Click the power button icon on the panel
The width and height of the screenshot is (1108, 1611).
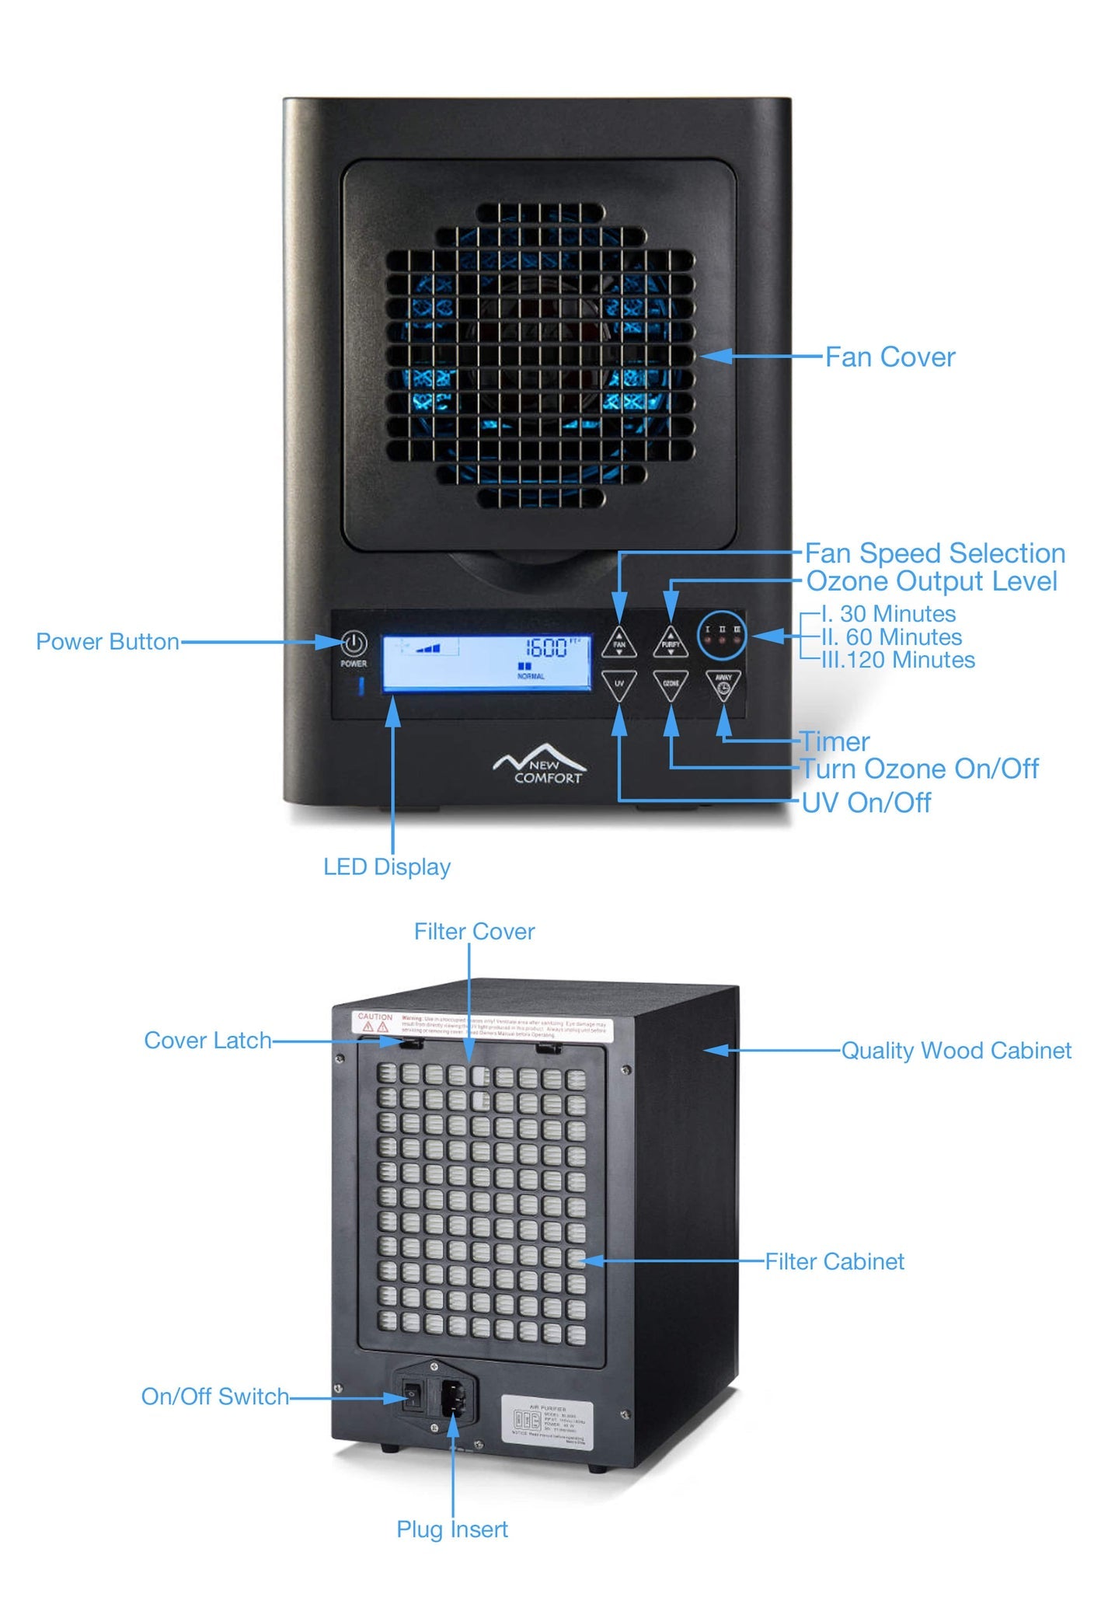(354, 643)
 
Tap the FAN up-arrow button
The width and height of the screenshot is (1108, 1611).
(619, 643)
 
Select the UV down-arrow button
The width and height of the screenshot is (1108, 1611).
(619, 685)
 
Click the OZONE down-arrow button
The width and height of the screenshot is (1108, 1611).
(671, 685)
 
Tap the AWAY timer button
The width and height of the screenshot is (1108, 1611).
(723, 685)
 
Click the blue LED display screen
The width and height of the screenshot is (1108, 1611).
(486, 661)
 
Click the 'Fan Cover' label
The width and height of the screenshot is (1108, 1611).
(890, 357)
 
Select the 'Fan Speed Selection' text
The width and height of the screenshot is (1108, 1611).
(935, 553)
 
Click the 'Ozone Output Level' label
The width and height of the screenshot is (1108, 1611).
(932, 581)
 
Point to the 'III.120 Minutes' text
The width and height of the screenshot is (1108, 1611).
(898, 661)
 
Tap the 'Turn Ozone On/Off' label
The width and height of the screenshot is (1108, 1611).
(920, 769)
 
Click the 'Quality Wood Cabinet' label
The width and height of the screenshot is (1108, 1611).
(956, 1051)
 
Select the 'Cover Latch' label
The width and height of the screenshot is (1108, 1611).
(208, 1041)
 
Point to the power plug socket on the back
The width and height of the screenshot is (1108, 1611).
(454, 1400)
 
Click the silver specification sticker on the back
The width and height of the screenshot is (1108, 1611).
(547, 1421)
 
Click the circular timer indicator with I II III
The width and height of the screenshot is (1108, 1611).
(722, 635)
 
